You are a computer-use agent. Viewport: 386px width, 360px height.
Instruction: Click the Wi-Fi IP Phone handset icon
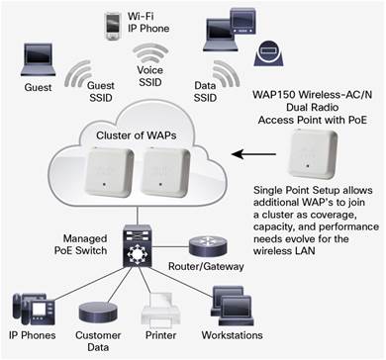click(x=112, y=26)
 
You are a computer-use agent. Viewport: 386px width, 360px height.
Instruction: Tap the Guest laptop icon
click(x=38, y=59)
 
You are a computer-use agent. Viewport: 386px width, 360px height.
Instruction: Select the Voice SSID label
click(x=150, y=76)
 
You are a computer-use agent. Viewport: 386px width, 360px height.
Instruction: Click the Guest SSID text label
click(x=101, y=92)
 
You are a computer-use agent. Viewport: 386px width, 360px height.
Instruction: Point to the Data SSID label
click(x=205, y=92)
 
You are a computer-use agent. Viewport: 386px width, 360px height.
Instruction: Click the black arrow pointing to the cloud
click(x=254, y=154)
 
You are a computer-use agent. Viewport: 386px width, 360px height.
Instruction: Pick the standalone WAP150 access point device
click(x=313, y=154)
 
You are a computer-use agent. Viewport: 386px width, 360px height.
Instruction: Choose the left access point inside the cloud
click(x=110, y=172)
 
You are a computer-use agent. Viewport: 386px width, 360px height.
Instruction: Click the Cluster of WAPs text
click(x=136, y=135)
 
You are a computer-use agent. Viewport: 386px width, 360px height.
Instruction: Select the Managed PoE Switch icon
click(x=138, y=246)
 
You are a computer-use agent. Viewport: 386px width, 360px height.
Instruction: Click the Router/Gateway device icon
click(x=208, y=246)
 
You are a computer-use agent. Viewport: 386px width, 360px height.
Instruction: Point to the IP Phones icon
click(x=33, y=310)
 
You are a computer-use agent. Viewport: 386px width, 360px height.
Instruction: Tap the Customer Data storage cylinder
click(x=98, y=313)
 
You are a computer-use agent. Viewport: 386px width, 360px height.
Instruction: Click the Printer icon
click(x=160, y=311)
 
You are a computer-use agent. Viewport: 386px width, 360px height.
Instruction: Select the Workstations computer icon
click(x=233, y=307)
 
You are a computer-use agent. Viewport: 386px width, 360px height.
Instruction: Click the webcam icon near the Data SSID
click(x=269, y=54)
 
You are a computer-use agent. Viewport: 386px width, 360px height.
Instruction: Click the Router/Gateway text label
click(x=206, y=266)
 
